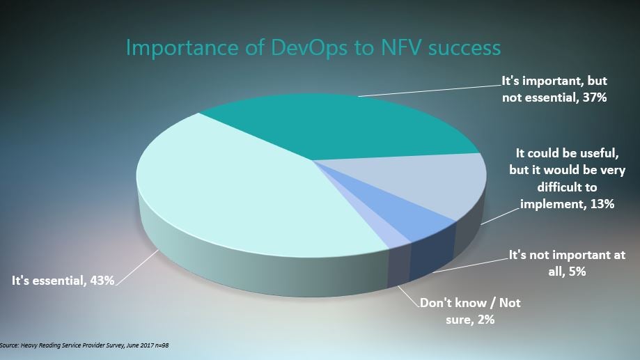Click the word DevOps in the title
(x=309, y=48)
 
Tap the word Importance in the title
(x=182, y=49)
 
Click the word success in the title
(x=465, y=49)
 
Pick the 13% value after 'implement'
(x=602, y=203)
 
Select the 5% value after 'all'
(x=577, y=271)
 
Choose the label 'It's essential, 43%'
(x=63, y=281)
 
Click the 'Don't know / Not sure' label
(x=470, y=311)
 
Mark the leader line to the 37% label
(x=430, y=91)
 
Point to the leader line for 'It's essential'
(x=137, y=267)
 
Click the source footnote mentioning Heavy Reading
(x=84, y=345)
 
